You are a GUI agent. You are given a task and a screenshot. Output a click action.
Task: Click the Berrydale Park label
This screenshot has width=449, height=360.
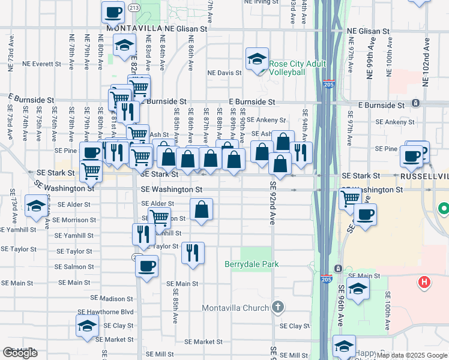(252, 264)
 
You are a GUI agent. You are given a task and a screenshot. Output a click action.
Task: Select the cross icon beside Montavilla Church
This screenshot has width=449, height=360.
(277, 308)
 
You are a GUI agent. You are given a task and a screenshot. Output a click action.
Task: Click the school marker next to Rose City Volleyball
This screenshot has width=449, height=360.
(257, 60)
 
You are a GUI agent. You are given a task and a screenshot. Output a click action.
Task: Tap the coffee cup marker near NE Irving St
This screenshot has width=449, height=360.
(113, 11)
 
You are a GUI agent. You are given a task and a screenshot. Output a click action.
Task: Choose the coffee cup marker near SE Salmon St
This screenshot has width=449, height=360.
(146, 267)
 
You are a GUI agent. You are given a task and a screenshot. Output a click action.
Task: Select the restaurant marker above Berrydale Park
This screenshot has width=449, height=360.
(193, 253)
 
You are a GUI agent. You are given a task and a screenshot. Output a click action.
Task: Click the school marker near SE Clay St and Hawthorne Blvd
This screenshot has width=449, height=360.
(88, 326)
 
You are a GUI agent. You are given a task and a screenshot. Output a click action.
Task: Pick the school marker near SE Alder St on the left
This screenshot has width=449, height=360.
(36, 206)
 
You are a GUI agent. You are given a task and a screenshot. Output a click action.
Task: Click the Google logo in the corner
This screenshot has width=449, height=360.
(20, 353)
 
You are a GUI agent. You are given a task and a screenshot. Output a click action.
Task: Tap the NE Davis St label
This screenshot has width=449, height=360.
(224, 73)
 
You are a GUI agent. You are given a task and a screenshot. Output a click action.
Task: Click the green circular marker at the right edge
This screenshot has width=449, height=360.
(444, 209)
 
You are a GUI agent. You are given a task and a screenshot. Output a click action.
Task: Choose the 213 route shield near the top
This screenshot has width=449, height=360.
(134, 8)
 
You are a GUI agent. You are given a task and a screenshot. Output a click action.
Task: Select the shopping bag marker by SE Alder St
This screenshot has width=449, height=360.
(202, 210)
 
